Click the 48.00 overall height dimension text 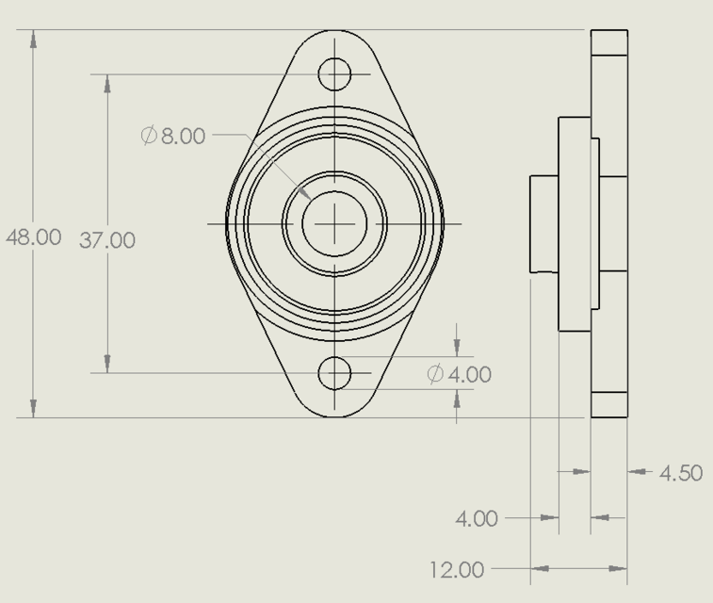tap(34, 237)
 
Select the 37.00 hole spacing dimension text tap(106, 241)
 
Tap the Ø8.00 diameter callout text tap(173, 136)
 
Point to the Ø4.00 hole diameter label tap(460, 375)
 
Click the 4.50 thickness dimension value tap(680, 473)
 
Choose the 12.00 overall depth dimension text tap(457, 570)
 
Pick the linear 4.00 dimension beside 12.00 tap(477, 518)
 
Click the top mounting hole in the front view tap(334, 73)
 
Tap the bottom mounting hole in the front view tap(334, 373)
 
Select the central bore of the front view tap(334, 223)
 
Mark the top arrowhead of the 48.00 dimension tap(34, 39)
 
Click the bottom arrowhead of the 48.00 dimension tap(34, 408)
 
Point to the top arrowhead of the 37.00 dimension tap(107, 83)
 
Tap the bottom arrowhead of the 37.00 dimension tap(107, 364)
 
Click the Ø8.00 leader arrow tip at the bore tap(304, 192)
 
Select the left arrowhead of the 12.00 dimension tap(540, 568)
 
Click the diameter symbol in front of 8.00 tap(149, 136)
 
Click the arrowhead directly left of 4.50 tap(638, 471)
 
